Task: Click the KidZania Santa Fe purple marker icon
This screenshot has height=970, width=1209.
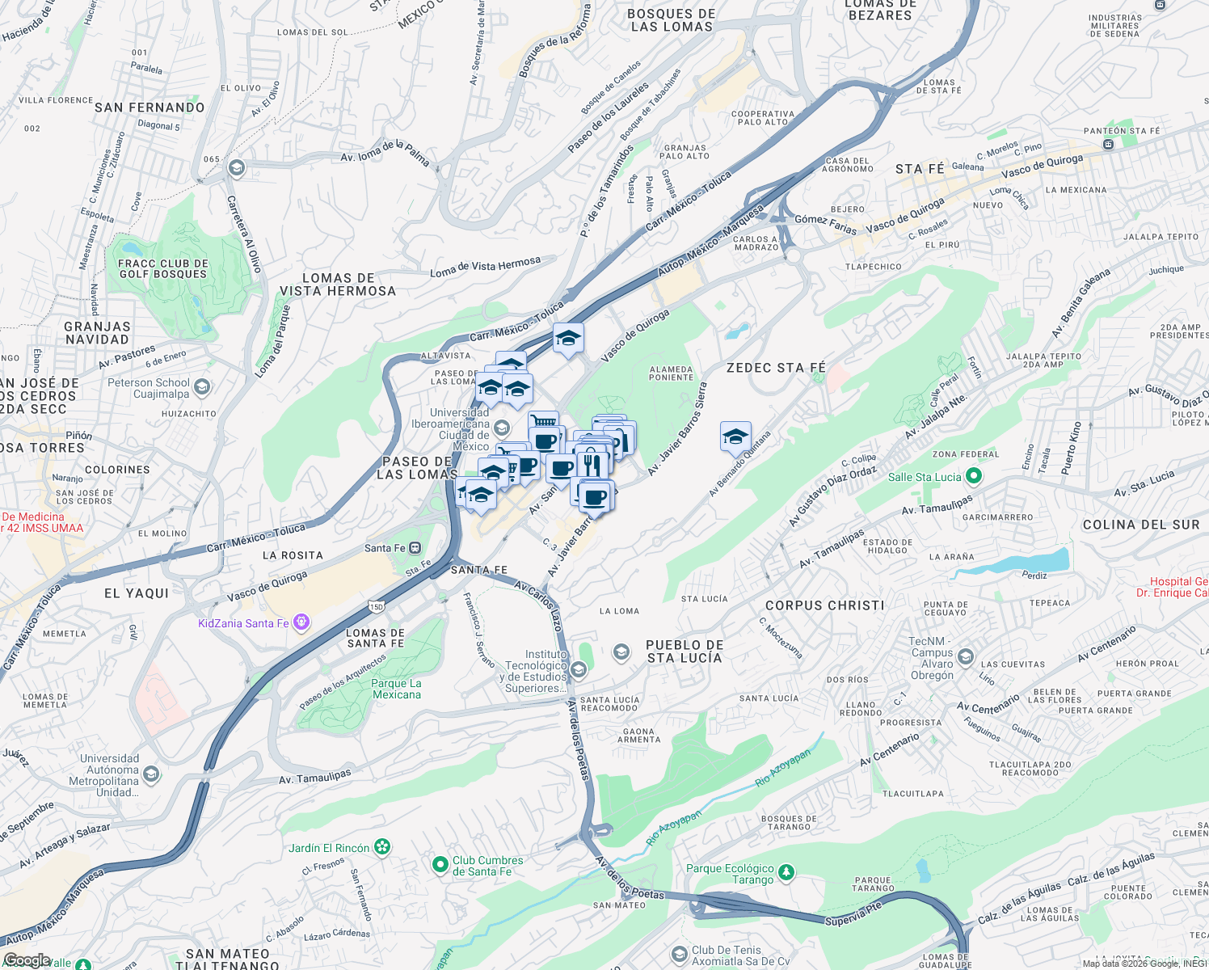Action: point(301,622)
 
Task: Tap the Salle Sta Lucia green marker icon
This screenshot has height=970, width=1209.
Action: point(974,477)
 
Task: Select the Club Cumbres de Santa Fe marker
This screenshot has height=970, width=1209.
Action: point(440,866)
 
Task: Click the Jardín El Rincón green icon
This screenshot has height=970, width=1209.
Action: point(382,847)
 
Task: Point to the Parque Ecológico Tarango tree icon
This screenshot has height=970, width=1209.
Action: point(786,873)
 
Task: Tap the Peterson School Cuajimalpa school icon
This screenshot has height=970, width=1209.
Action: point(202,387)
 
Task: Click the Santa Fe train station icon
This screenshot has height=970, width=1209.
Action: point(415,548)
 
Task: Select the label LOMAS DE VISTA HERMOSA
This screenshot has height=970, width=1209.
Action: point(338,285)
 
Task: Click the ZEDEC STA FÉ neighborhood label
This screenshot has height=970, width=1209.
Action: point(776,368)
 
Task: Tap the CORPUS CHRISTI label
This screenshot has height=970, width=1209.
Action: point(824,605)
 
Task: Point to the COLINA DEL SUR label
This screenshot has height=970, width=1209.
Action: point(1141,525)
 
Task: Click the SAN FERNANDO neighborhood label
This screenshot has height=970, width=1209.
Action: point(150,108)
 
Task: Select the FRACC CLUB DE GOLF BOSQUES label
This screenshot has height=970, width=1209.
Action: point(162,269)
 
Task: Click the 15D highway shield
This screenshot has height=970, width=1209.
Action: point(376,606)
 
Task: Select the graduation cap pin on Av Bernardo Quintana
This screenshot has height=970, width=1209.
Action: point(735,437)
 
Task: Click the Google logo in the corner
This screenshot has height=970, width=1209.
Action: point(27,960)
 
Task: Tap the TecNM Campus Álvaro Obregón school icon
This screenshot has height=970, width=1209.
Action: point(966,657)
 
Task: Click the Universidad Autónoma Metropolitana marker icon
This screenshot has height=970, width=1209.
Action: point(151,775)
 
